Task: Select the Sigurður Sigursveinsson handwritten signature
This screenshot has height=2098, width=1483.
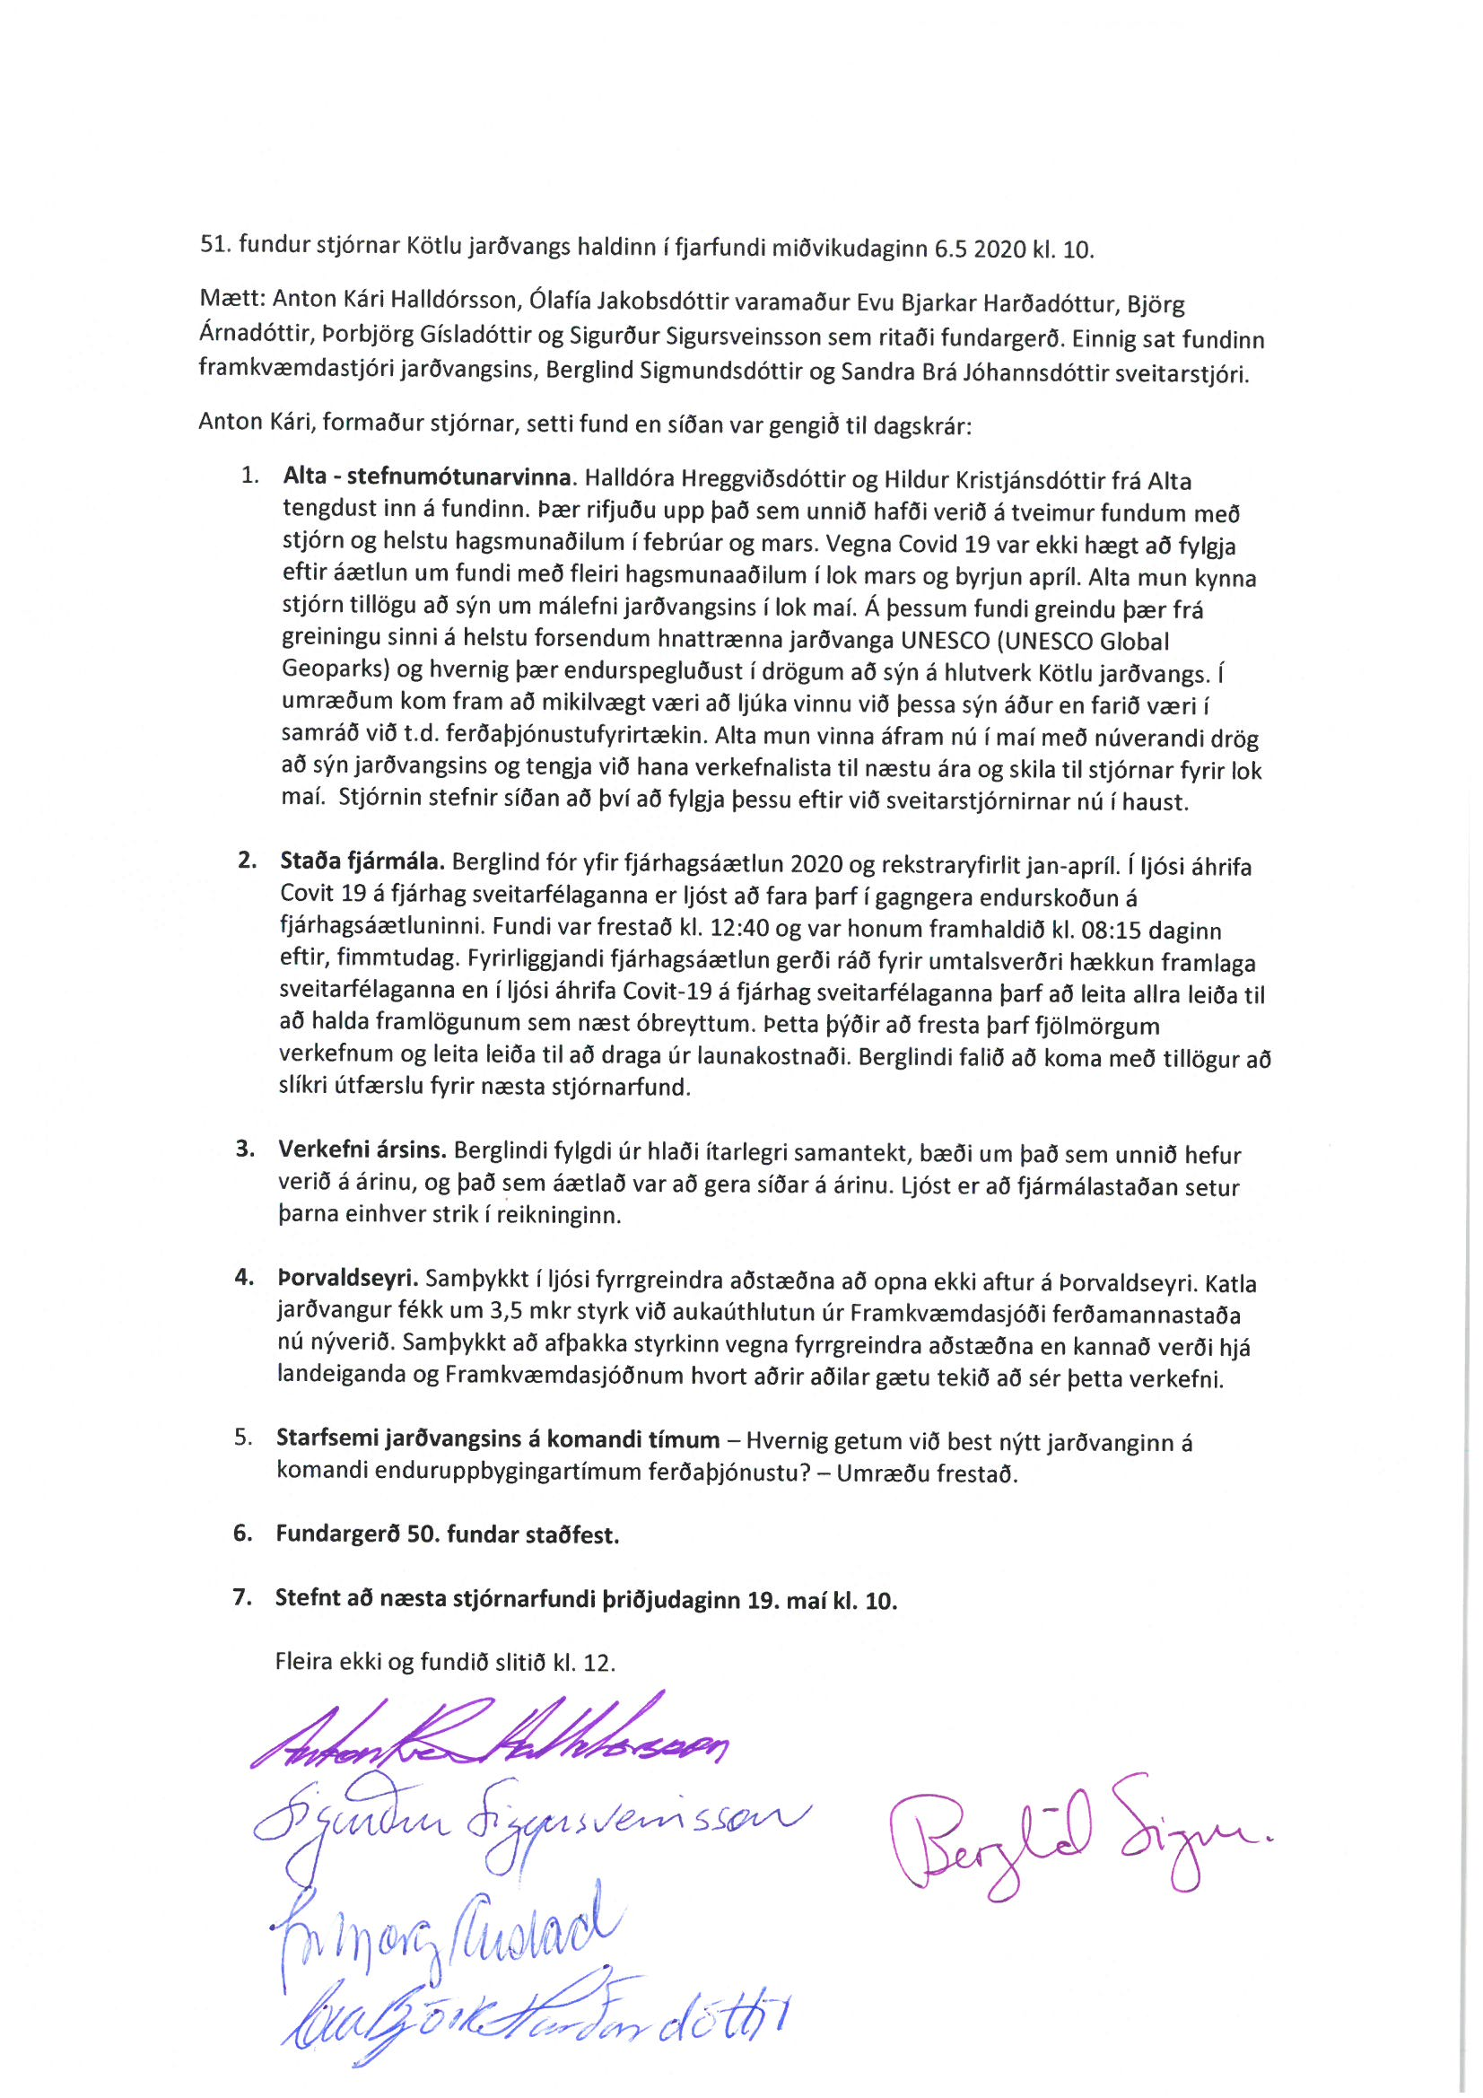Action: coord(530,1828)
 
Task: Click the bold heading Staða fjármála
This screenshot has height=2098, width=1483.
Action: coord(362,861)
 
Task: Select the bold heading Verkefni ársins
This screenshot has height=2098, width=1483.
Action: coord(362,1150)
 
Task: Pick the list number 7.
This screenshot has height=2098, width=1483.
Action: coord(242,1597)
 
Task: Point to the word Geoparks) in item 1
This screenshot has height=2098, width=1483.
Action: coord(336,669)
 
